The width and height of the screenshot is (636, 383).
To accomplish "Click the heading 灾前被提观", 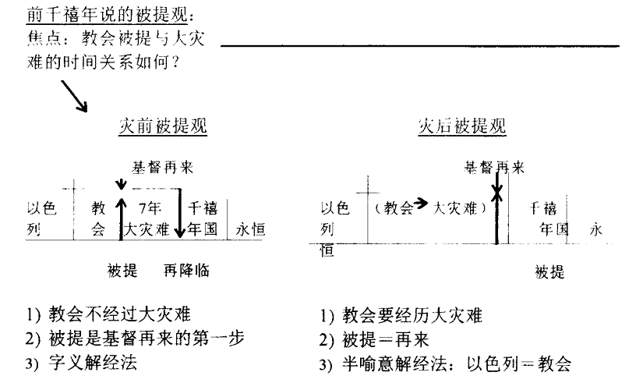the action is pyautogui.click(x=163, y=126).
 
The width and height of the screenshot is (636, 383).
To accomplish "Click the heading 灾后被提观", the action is pyautogui.click(x=462, y=126).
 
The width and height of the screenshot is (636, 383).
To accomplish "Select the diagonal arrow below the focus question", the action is pyautogui.click(x=74, y=96).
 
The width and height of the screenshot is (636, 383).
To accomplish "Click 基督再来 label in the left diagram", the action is pyautogui.click(x=163, y=168).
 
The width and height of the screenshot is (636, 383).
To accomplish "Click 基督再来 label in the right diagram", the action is pyautogui.click(x=494, y=168).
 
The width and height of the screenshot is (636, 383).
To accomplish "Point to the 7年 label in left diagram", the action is pyautogui.click(x=150, y=208).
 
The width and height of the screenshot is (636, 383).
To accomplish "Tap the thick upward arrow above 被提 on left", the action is pyautogui.click(x=121, y=218).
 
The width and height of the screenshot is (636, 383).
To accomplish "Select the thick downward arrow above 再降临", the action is pyautogui.click(x=180, y=213).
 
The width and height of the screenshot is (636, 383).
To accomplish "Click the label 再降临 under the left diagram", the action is pyautogui.click(x=186, y=271).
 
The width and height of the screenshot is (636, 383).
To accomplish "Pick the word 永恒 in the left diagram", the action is pyautogui.click(x=251, y=230).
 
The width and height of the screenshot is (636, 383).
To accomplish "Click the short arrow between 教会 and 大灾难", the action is pyautogui.click(x=421, y=203).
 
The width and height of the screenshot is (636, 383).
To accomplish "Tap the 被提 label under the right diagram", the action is pyautogui.click(x=549, y=271).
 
